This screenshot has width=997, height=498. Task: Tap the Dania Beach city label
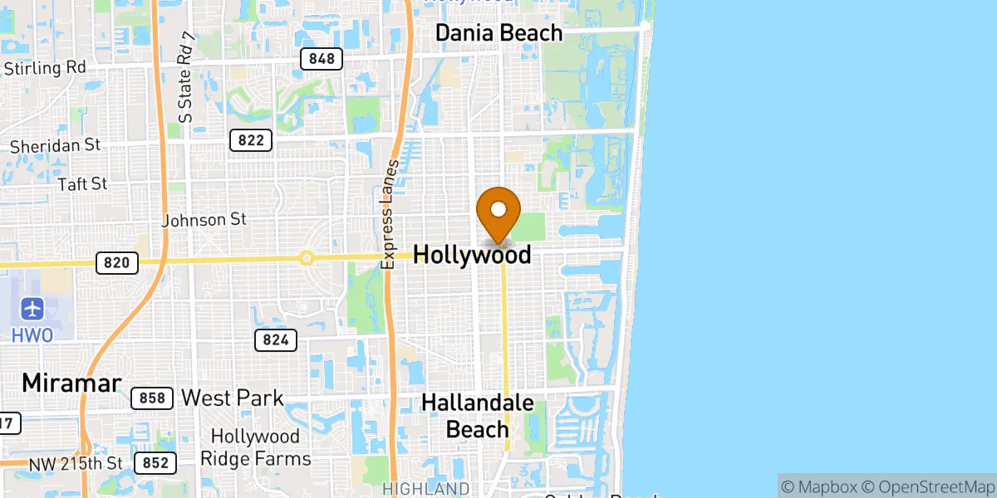pyautogui.click(x=499, y=33)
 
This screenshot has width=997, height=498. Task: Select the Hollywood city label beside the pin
pyautogui.click(x=472, y=255)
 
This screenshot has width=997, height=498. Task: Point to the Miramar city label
pyautogui.click(x=71, y=383)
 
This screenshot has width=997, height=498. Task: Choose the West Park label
pyautogui.click(x=232, y=398)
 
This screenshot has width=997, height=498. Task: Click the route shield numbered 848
pyautogui.click(x=321, y=58)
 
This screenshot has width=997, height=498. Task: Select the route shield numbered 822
pyautogui.click(x=250, y=140)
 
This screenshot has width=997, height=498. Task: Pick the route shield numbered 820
pyautogui.click(x=116, y=263)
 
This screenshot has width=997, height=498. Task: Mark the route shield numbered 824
pyautogui.click(x=276, y=339)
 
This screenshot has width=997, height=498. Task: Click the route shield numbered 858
pyautogui.click(x=152, y=398)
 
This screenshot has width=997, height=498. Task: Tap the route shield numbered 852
pyautogui.click(x=155, y=463)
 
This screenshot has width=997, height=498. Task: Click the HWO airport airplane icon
pyautogui.click(x=33, y=310)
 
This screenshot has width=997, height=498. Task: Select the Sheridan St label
pyautogui.click(x=55, y=145)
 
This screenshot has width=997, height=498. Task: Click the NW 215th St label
pyautogui.click(x=76, y=463)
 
